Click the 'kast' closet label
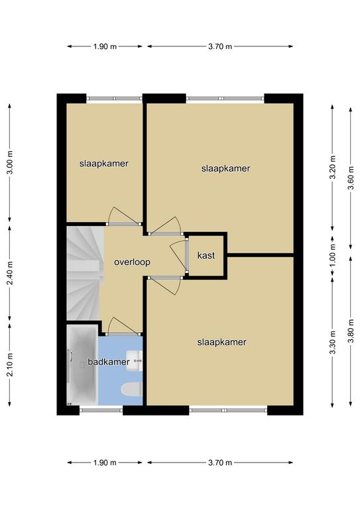coord(206,255)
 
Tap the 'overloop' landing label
coord(132,262)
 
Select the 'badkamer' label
coord(109,362)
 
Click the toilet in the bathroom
coord(131,389)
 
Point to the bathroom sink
coord(134,361)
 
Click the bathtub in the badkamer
coord(82,365)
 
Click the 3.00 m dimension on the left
coord(10,162)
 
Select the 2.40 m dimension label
coord(10,273)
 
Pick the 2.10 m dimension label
coord(10,365)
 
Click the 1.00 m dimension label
coord(332,254)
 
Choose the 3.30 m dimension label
coord(332,343)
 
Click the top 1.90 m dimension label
coord(105,46)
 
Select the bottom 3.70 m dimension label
coord(220,463)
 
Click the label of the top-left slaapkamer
coord(104,164)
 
